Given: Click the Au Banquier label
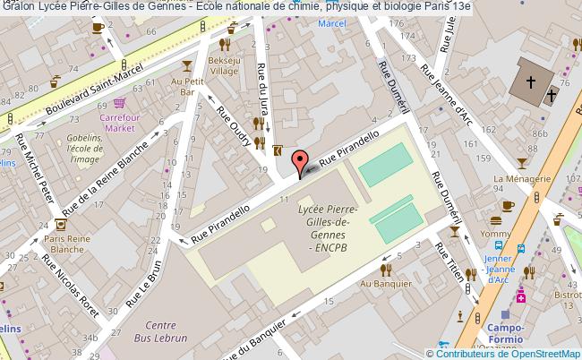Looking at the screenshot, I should [x=379, y=284].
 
